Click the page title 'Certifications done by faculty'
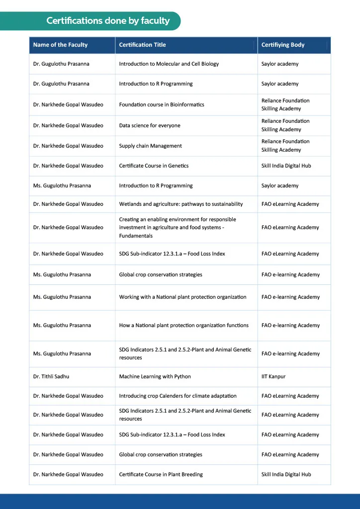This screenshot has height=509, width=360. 108,21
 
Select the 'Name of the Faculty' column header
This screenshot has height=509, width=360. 60,45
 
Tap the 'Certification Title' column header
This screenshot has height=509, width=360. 142,45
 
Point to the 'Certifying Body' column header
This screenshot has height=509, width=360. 283,45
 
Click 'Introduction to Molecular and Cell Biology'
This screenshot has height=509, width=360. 169,64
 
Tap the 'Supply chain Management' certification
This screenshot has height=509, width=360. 150,146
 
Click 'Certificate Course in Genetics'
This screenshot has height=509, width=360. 154,166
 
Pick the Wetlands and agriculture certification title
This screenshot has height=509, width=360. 180,204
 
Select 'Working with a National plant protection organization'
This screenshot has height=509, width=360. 182,297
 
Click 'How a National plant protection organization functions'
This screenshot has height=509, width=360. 183,326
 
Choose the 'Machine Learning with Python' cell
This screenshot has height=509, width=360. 155,377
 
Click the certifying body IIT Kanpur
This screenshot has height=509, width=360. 273,377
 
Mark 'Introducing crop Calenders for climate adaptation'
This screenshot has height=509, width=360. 178,396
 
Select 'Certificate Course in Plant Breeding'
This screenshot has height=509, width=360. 161,475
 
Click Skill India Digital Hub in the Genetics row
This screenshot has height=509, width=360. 286,166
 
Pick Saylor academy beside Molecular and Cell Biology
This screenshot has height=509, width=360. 280,64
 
